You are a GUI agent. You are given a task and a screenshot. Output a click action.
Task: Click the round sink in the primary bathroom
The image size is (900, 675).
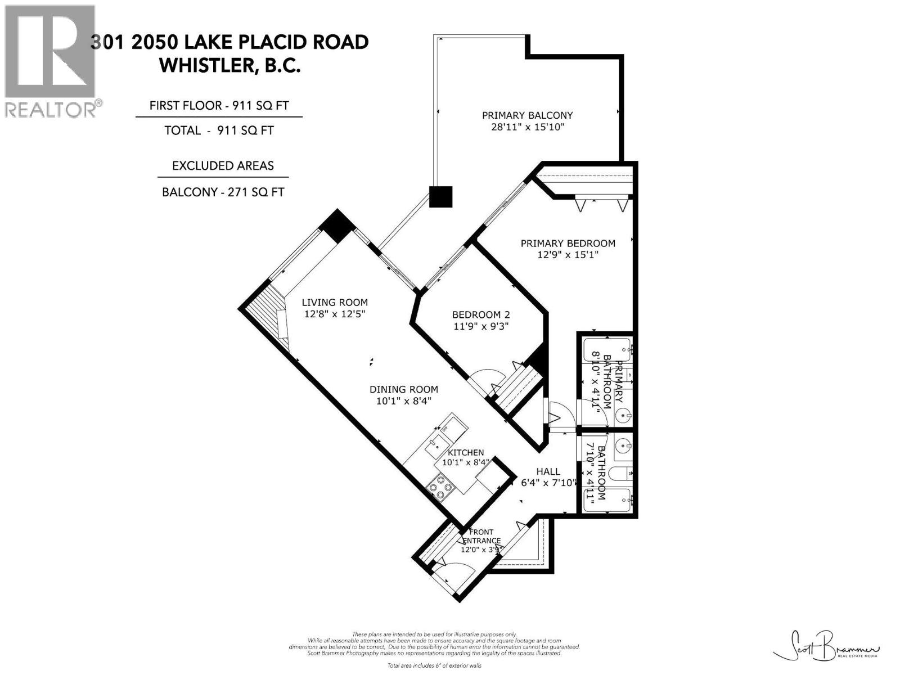click(623, 416)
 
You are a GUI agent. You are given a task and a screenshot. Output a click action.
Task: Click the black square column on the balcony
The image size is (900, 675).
click(440, 196)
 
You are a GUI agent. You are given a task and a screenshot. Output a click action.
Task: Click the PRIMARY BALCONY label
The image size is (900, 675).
click(527, 115)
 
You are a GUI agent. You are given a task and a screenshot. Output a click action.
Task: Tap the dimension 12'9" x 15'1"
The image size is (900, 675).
click(567, 255)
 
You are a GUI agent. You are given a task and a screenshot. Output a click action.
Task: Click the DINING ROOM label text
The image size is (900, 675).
click(403, 389)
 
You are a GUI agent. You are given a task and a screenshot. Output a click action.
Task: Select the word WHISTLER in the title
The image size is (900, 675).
click(205, 65)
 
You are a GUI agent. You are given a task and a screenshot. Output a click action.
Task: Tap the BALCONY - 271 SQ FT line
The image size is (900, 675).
click(223, 192)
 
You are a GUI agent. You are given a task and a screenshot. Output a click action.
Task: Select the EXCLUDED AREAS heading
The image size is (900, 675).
click(223, 166)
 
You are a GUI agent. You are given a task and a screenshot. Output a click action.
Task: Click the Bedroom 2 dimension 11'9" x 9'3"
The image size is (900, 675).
click(481, 326)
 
